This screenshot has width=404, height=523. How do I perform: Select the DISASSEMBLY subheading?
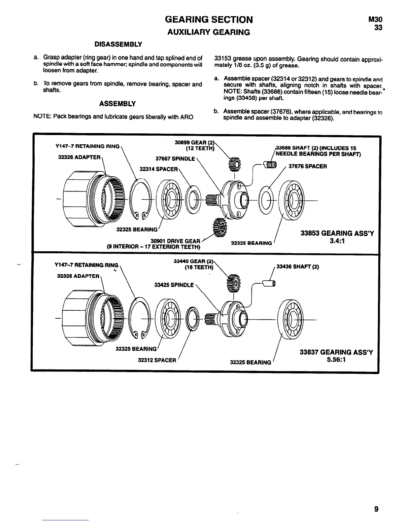118,44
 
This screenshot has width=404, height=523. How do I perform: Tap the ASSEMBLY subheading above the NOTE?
118,104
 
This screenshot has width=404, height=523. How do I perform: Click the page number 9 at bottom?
377,509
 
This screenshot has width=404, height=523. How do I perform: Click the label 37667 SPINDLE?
175,158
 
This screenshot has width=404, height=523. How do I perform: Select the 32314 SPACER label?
159,169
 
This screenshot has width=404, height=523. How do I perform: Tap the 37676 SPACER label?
308,166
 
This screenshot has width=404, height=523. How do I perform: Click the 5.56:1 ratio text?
336,360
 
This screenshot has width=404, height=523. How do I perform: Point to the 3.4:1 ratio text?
337,241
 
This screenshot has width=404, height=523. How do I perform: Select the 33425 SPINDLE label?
174,285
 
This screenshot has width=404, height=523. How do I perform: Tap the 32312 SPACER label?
157,360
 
